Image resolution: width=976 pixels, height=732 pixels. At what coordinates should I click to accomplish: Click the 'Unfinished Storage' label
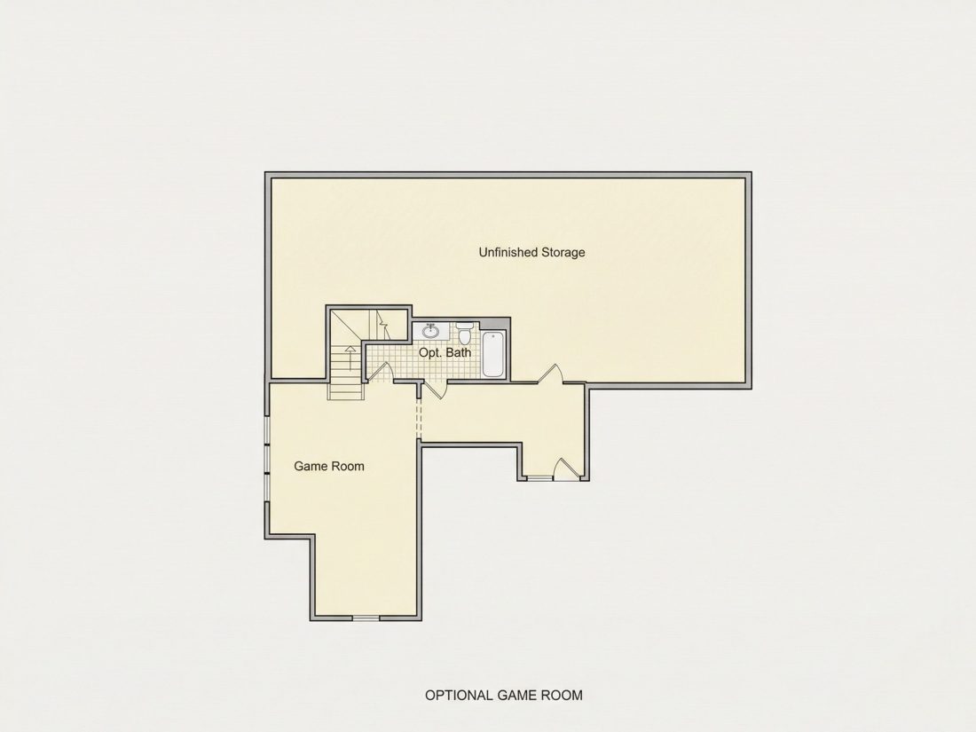(531, 252)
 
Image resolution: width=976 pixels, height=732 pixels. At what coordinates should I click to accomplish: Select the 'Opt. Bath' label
(445, 353)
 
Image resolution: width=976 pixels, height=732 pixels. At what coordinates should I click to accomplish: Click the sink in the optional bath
(430, 331)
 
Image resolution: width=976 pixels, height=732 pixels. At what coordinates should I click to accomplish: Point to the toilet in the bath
(464, 333)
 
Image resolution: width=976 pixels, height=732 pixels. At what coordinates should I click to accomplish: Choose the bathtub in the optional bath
(493, 354)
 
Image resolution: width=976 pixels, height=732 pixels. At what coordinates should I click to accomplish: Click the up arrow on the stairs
(350, 358)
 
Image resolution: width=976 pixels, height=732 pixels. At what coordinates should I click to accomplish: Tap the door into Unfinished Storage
(550, 374)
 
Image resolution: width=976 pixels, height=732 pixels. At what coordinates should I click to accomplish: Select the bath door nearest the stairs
(379, 371)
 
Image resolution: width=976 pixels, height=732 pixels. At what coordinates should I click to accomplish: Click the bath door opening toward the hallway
(434, 390)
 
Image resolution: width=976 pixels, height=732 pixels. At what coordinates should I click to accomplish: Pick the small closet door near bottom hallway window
(566, 468)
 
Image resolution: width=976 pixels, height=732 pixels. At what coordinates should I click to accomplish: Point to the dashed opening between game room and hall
(418, 417)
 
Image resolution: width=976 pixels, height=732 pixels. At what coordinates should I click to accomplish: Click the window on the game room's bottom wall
(366, 618)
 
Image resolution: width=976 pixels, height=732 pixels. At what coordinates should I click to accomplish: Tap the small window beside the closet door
(539, 478)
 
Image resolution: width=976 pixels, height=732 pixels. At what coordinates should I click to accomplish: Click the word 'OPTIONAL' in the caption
(459, 696)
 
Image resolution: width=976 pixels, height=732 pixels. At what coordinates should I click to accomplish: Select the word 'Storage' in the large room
(563, 252)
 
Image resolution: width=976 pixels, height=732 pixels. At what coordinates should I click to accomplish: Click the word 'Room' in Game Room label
(349, 466)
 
